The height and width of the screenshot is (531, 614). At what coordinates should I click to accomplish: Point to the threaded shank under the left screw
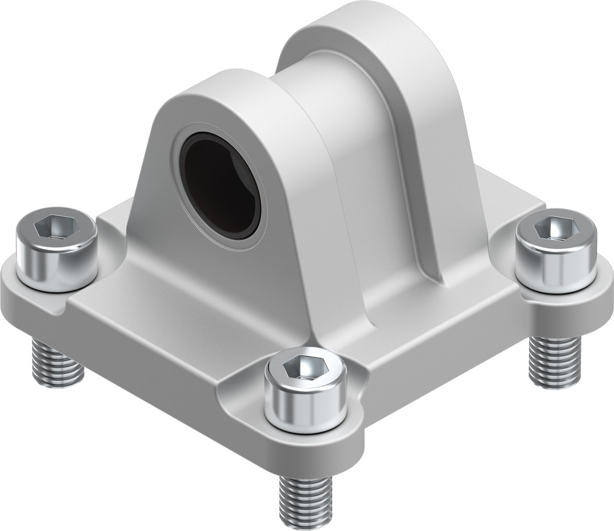56,363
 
